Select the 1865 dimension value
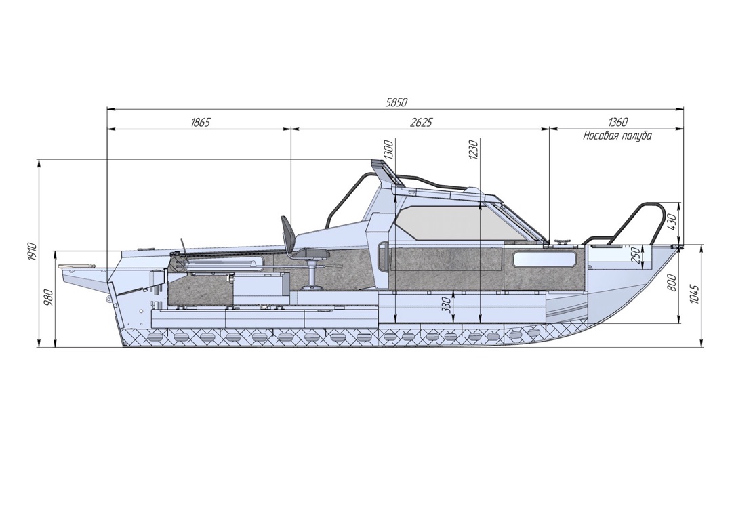201,122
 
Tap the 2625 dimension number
422,122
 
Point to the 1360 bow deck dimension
618,122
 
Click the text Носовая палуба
617,136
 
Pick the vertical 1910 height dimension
31,252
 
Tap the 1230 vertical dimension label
474,149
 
